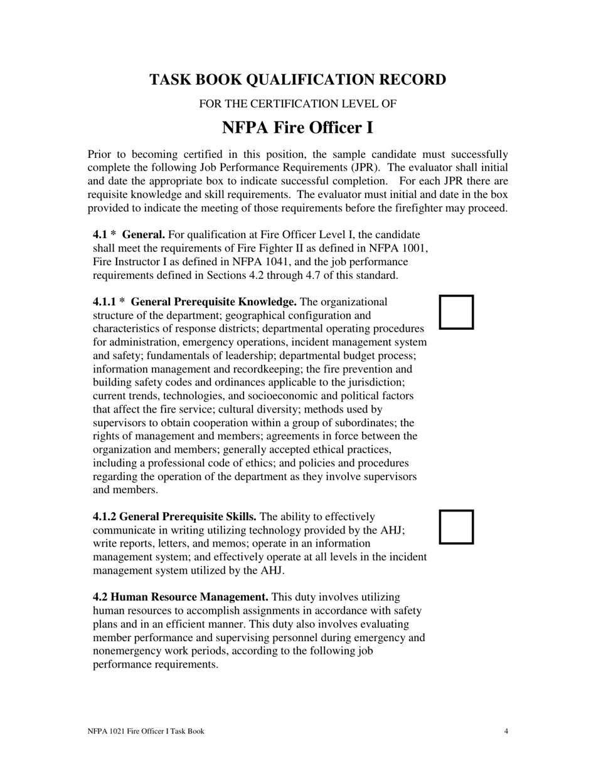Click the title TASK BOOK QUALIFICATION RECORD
(x=297, y=80)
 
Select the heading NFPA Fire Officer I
(x=297, y=128)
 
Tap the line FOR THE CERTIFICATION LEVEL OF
(x=297, y=104)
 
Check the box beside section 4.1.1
(x=456, y=312)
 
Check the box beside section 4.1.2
(x=456, y=527)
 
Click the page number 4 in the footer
(x=506, y=731)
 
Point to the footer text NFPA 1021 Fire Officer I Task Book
(x=146, y=731)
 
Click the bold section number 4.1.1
(x=105, y=302)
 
